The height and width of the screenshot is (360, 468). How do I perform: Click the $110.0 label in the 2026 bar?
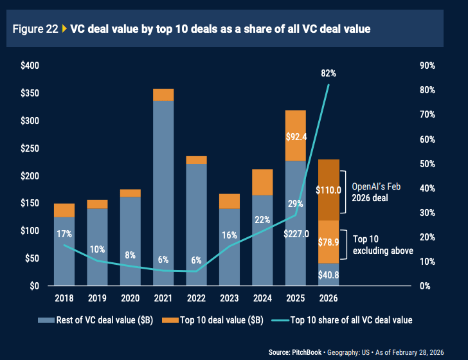click(329, 190)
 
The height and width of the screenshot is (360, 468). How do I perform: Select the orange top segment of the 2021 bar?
click(163, 94)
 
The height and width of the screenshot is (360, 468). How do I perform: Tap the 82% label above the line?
click(328, 74)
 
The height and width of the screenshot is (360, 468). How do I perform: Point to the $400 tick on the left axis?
click(30, 66)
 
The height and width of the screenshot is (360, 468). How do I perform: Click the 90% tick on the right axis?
click(428, 66)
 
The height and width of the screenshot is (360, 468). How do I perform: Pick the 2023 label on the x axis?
click(229, 299)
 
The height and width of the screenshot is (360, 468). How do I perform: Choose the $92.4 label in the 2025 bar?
click(295, 136)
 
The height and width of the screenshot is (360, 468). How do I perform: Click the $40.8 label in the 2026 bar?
click(329, 274)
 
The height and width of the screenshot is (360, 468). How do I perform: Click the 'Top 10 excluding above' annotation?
click(382, 244)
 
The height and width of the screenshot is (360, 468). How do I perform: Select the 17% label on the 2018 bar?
click(64, 233)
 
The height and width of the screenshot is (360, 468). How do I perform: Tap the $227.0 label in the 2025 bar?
click(295, 233)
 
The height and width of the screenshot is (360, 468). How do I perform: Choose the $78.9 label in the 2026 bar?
click(329, 242)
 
